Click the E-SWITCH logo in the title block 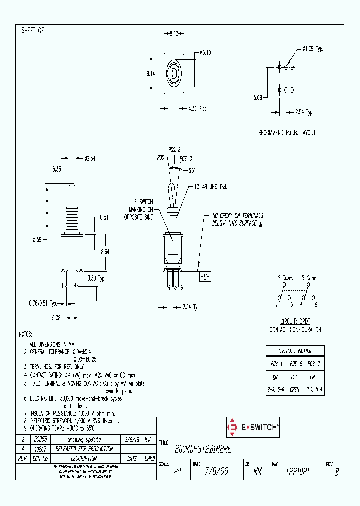[x=253, y=428]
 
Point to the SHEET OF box [x=33, y=31]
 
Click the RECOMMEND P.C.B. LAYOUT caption [x=287, y=133]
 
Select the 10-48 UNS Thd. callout [x=211, y=187]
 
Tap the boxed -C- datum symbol [x=205, y=277]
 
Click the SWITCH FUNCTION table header [x=295, y=351]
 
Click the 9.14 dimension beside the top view [x=151, y=73]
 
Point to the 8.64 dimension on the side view [x=105, y=252]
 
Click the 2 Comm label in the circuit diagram [x=285, y=278]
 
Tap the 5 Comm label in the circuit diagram [x=309, y=278]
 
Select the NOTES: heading [x=26, y=334]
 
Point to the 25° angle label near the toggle [x=192, y=170]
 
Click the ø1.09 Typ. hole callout [x=313, y=49]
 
